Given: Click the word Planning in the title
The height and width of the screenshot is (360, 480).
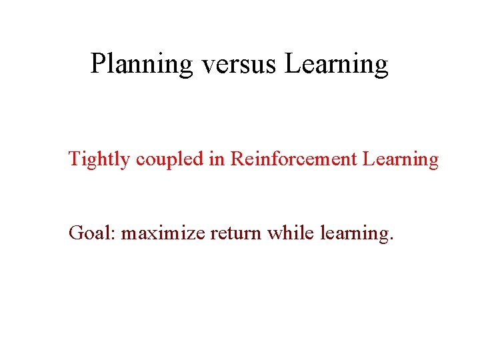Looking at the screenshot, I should tap(141, 65).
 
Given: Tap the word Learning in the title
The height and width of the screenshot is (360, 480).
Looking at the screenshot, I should tap(336, 65).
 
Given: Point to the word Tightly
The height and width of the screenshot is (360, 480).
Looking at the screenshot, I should tap(100, 159).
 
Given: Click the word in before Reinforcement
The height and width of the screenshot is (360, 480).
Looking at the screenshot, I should tap(218, 159).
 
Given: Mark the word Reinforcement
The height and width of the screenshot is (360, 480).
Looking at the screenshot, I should tap(295, 159).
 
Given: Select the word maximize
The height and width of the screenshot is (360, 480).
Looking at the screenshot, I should tap(164, 233).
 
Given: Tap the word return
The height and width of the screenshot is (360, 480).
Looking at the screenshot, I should tap(237, 233).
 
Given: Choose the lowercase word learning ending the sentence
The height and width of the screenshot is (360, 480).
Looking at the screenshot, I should tap(353, 234).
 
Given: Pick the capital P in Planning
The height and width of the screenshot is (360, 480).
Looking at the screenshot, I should tap(98, 64).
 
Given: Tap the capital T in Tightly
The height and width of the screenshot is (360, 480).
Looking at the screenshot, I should tap(75, 159).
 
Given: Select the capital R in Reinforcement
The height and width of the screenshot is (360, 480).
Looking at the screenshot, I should tap(237, 159).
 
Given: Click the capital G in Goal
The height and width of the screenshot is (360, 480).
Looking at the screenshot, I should tap(76, 233).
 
